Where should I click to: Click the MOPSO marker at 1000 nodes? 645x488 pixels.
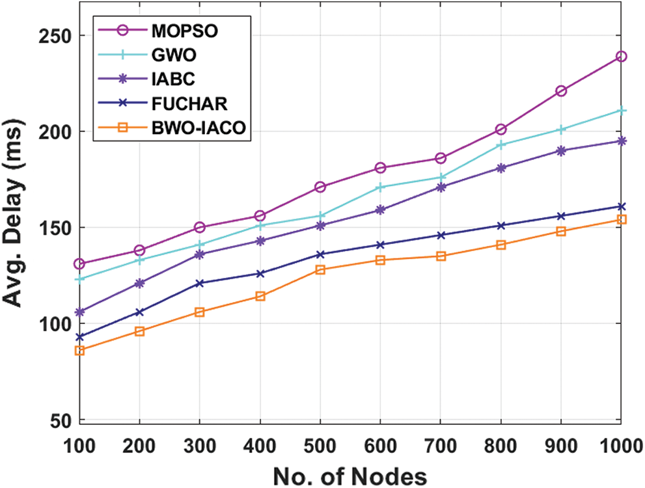click(x=622, y=57)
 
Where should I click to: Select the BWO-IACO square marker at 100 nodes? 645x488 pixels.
click(x=79, y=351)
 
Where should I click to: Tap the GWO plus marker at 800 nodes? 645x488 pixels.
click(x=501, y=145)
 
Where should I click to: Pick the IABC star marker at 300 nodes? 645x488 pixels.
click(x=200, y=254)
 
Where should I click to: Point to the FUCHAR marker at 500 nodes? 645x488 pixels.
click(x=320, y=254)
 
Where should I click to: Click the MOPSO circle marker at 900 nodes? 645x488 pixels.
click(x=561, y=91)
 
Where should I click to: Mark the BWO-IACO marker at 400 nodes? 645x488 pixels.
click(x=260, y=296)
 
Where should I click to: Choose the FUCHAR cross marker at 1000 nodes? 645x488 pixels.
click(x=622, y=207)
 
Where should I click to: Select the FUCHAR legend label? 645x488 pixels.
click(x=182, y=104)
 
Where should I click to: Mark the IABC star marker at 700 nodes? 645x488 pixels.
click(x=441, y=187)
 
